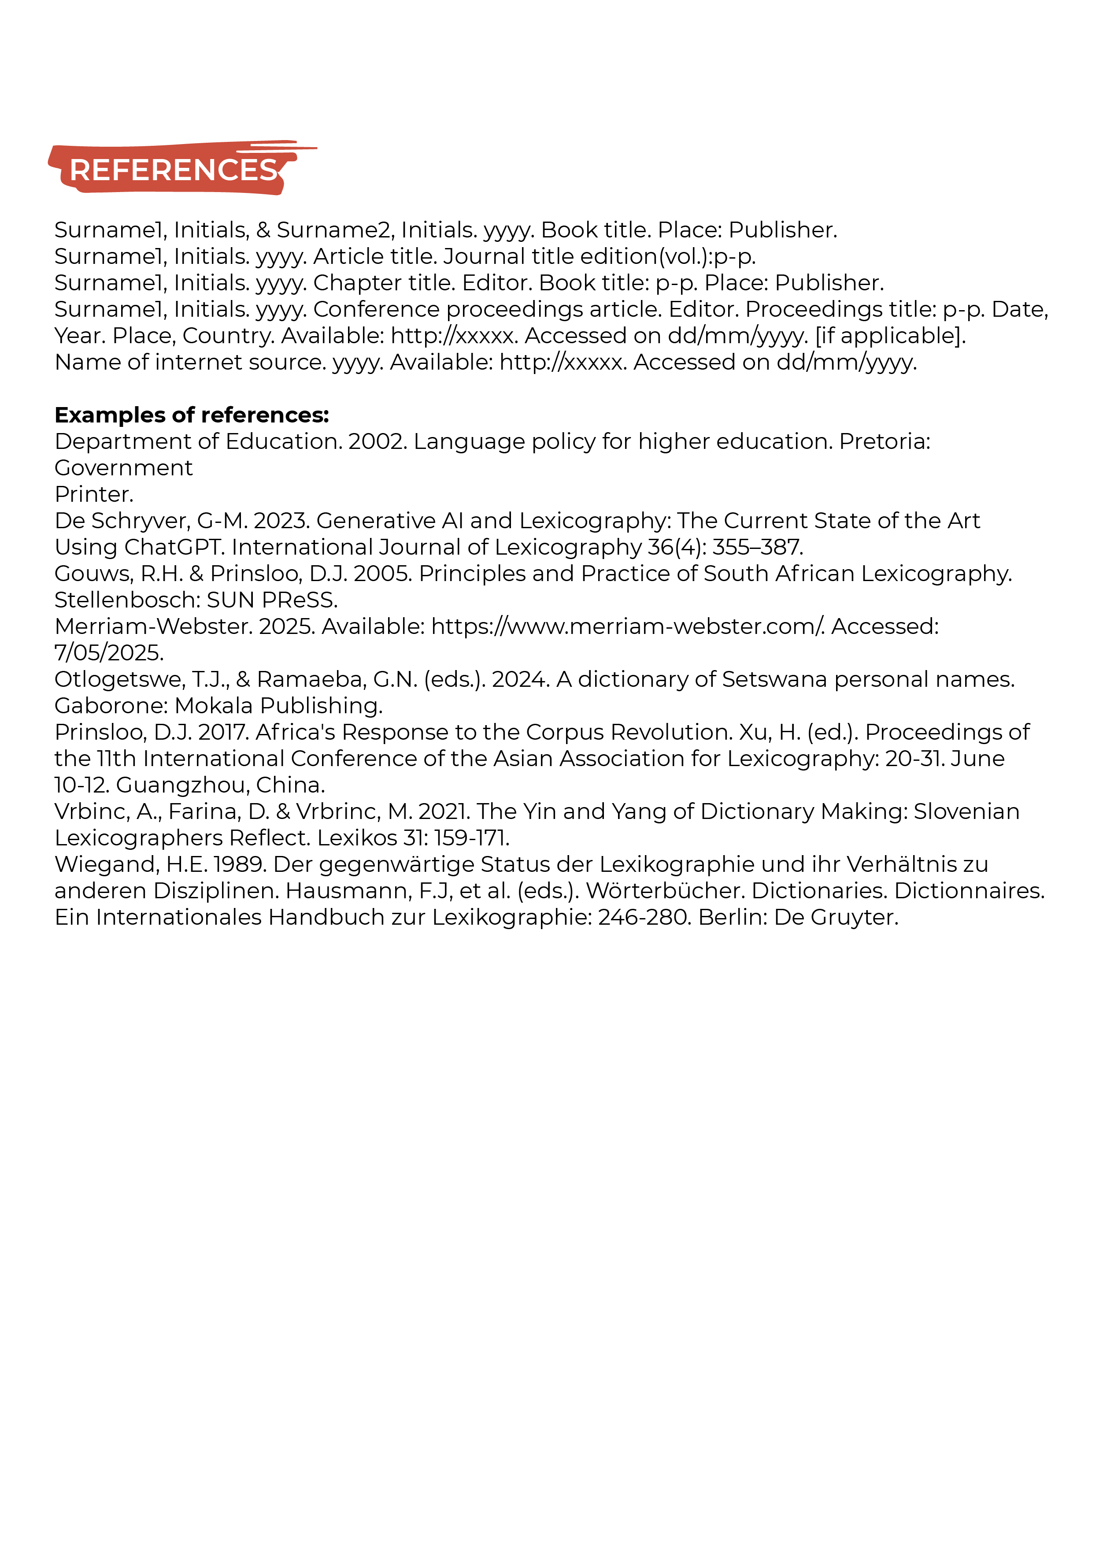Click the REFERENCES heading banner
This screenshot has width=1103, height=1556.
pos(173,170)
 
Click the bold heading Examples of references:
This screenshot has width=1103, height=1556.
pos(192,415)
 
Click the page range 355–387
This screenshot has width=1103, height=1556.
pos(757,548)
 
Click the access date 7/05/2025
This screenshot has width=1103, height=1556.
pos(109,653)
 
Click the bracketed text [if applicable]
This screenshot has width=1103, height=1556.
pos(890,336)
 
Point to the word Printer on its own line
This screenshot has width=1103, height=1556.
pos(94,494)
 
